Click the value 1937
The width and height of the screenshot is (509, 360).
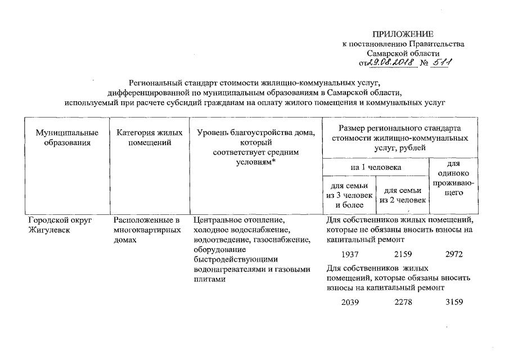coord(350,254)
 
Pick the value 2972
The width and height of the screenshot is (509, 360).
coord(453,254)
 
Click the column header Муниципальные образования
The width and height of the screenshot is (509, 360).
coord(67,138)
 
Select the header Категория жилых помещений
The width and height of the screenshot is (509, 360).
coord(149,138)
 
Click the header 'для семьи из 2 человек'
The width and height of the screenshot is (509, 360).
coord(403,196)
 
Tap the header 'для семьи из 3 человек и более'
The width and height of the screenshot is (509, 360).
coord(350,196)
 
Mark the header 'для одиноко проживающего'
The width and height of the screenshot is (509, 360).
coord(453,178)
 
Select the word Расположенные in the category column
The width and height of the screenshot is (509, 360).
coord(139,219)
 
